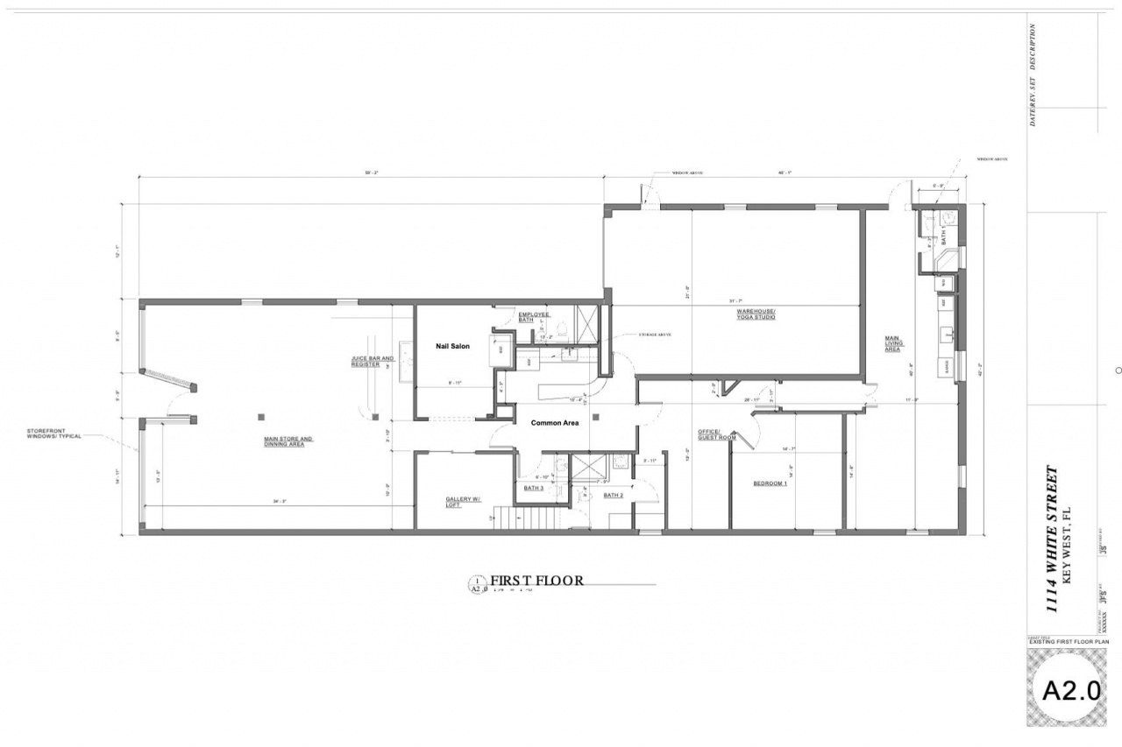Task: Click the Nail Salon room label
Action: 452,346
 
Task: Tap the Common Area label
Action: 555,423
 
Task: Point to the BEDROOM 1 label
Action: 770,483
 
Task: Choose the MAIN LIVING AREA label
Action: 892,342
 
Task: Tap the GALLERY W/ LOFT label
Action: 463,503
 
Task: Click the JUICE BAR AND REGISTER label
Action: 373,361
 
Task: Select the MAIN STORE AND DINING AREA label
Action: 288,441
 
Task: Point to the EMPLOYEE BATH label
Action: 533,317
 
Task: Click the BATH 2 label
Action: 613,496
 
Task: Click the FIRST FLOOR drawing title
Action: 536,580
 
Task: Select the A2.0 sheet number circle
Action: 1071,690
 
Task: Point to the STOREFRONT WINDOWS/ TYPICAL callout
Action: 54,433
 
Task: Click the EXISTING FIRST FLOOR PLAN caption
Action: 1069,642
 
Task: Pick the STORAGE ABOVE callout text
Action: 655,335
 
